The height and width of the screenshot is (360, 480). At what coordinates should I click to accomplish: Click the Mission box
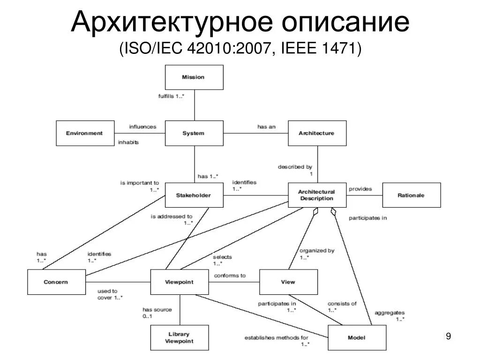click(194, 77)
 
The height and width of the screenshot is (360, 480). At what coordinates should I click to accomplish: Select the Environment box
click(85, 133)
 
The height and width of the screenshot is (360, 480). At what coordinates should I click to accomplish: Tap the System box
click(194, 133)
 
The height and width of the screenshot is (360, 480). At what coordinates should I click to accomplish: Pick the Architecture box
click(317, 133)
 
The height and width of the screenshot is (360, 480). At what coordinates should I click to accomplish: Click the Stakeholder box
click(194, 195)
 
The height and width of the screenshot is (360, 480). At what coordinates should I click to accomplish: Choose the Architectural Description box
click(317, 195)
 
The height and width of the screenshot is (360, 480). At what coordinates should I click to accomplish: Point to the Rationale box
click(412, 195)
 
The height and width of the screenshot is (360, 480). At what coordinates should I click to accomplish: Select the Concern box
click(56, 282)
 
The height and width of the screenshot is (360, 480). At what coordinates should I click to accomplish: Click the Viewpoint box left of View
click(180, 282)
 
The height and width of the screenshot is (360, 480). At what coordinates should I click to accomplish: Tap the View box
click(288, 282)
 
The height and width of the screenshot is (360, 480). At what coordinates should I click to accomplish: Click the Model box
click(357, 337)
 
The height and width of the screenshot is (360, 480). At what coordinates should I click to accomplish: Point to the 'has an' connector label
click(266, 127)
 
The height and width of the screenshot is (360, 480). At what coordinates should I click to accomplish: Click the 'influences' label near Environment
click(142, 127)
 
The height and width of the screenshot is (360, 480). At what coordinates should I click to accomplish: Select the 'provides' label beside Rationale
click(360, 189)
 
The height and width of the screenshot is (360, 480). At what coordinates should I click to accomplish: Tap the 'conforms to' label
click(230, 276)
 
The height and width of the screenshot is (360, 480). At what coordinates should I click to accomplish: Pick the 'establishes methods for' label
click(277, 337)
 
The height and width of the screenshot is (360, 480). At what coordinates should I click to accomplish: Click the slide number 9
click(448, 337)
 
